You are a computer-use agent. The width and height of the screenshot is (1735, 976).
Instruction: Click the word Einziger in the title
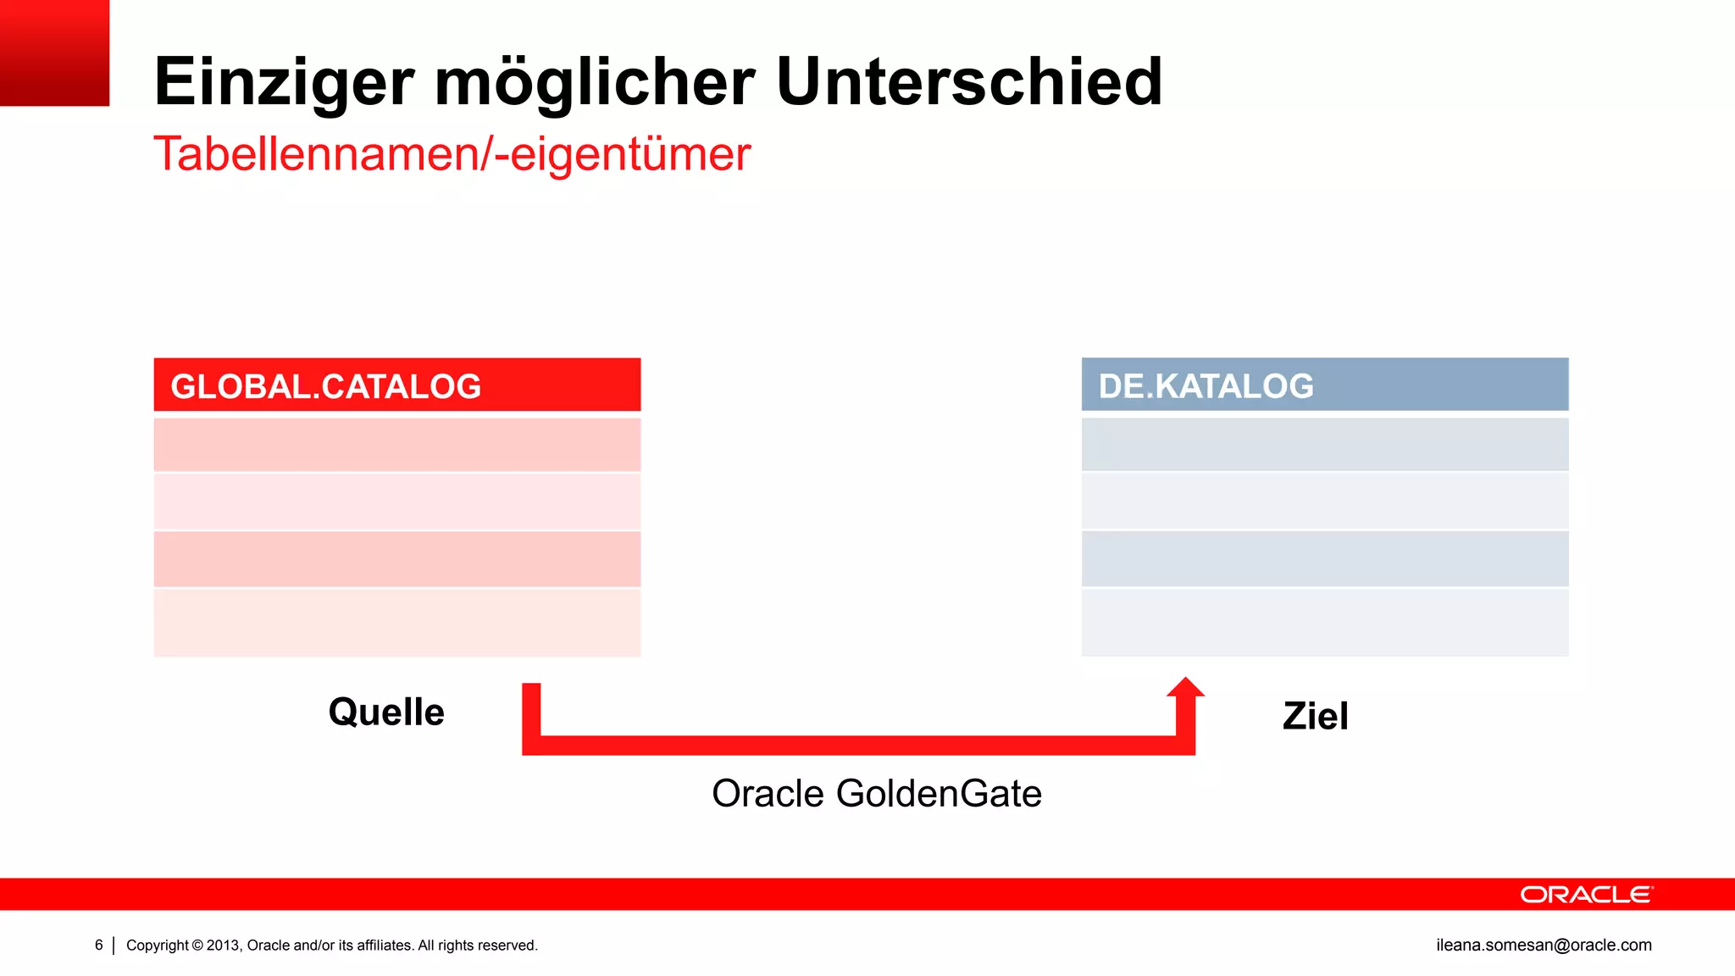(x=284, y=83)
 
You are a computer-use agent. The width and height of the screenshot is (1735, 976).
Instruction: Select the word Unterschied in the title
(x=969, y=81)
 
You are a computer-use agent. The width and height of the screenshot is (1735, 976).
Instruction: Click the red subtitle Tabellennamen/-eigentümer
(x=452, y=154)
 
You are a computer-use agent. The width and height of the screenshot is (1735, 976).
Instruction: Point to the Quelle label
(x=386, y=712)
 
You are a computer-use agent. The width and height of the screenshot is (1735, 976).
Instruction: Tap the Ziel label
(x=1315, y=716)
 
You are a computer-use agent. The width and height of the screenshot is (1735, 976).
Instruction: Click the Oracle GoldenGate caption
(x=876, y=794)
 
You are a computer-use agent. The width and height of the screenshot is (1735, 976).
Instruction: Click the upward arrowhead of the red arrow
(x=1185, y=688)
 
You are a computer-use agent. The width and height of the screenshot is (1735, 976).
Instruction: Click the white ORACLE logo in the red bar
(x=1586, y=895)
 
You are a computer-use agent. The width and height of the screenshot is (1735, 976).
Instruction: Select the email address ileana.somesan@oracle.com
(x=1544, y=945)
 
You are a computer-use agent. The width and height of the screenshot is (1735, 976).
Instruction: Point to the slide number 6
(x=99, y=945)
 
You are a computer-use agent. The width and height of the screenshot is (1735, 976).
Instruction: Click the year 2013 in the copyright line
(x=223, y=945)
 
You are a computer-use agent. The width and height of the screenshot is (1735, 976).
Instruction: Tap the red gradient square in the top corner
(x=54, y=53)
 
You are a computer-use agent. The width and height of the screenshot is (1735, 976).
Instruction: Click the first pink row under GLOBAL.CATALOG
(x=396, y=444)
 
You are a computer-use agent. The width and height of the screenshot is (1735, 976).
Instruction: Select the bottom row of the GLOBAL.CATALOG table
(x=396, y=622)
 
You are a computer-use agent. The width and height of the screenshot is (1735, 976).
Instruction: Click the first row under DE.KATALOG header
(x=1324, y=444)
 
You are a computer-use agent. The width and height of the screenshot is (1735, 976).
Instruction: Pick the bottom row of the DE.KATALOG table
(x=1324, y=622)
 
